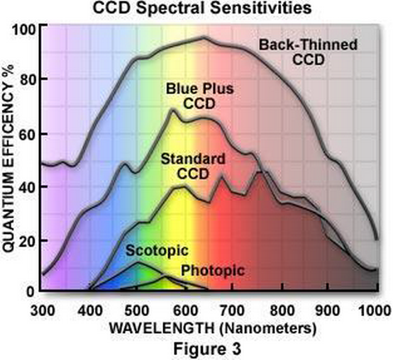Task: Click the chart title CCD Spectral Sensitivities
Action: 202,8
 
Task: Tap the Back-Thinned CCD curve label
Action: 309,52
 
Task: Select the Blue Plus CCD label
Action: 200,96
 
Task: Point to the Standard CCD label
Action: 193,167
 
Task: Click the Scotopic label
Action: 157,250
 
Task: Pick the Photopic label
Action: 213,271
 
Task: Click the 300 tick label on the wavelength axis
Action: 43,310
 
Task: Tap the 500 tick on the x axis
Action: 137,310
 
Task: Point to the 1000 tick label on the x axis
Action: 375,310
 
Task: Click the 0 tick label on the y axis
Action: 30,292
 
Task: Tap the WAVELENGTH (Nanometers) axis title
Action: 213,328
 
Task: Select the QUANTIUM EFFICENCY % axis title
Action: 9,158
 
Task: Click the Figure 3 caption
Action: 207,349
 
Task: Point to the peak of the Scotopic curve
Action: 138,262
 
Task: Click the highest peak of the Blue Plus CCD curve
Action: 172,109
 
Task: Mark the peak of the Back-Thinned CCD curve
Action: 204,38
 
